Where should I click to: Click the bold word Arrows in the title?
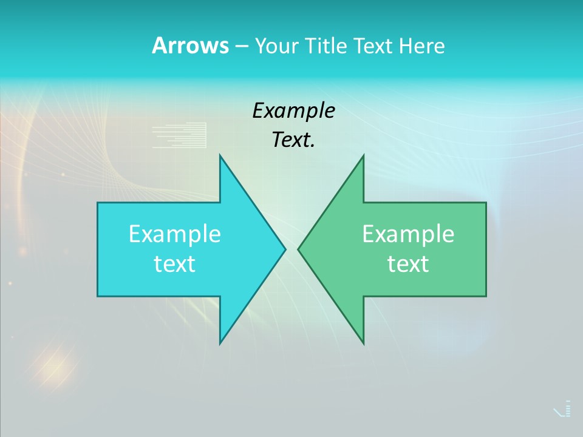click(x=190, y=46)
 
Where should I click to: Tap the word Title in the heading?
click(x=327, y=46)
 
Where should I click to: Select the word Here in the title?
click(x=421, y=46)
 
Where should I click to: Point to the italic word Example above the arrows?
click(x=293, y=110)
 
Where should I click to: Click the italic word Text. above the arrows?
click(x=293, y=140)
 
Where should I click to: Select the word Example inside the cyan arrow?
click(x=175, y=234)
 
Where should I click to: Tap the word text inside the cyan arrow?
click(x=175, y=263)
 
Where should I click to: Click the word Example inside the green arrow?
click(x=408, y=234)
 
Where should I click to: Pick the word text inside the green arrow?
click(x=408, y=263)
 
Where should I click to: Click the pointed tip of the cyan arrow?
click(x=284, y=249)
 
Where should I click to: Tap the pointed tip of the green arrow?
click(x=299, y=249)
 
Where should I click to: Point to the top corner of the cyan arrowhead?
click(x=220, y=156)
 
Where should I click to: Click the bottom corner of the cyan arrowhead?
click(x=220, y=343)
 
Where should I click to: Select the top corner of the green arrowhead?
click(x=363, y=156)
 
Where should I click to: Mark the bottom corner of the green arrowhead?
click(x=363, y=343)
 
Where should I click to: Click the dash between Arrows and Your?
click(x=241, y=46)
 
